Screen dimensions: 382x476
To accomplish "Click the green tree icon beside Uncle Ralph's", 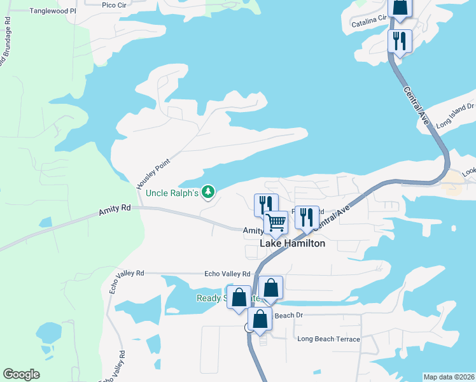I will (207, 191).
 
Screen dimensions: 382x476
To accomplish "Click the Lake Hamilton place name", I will (292, 243).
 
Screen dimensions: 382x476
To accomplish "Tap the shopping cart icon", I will (276, 223).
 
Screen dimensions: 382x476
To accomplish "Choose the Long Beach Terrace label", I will (328, 339).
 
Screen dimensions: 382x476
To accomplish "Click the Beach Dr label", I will (288, 315).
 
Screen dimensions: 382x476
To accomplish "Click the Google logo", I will (21, 374).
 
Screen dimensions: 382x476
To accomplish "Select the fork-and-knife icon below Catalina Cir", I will (400, 41).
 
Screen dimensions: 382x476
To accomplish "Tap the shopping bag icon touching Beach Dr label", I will (260, 319).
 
